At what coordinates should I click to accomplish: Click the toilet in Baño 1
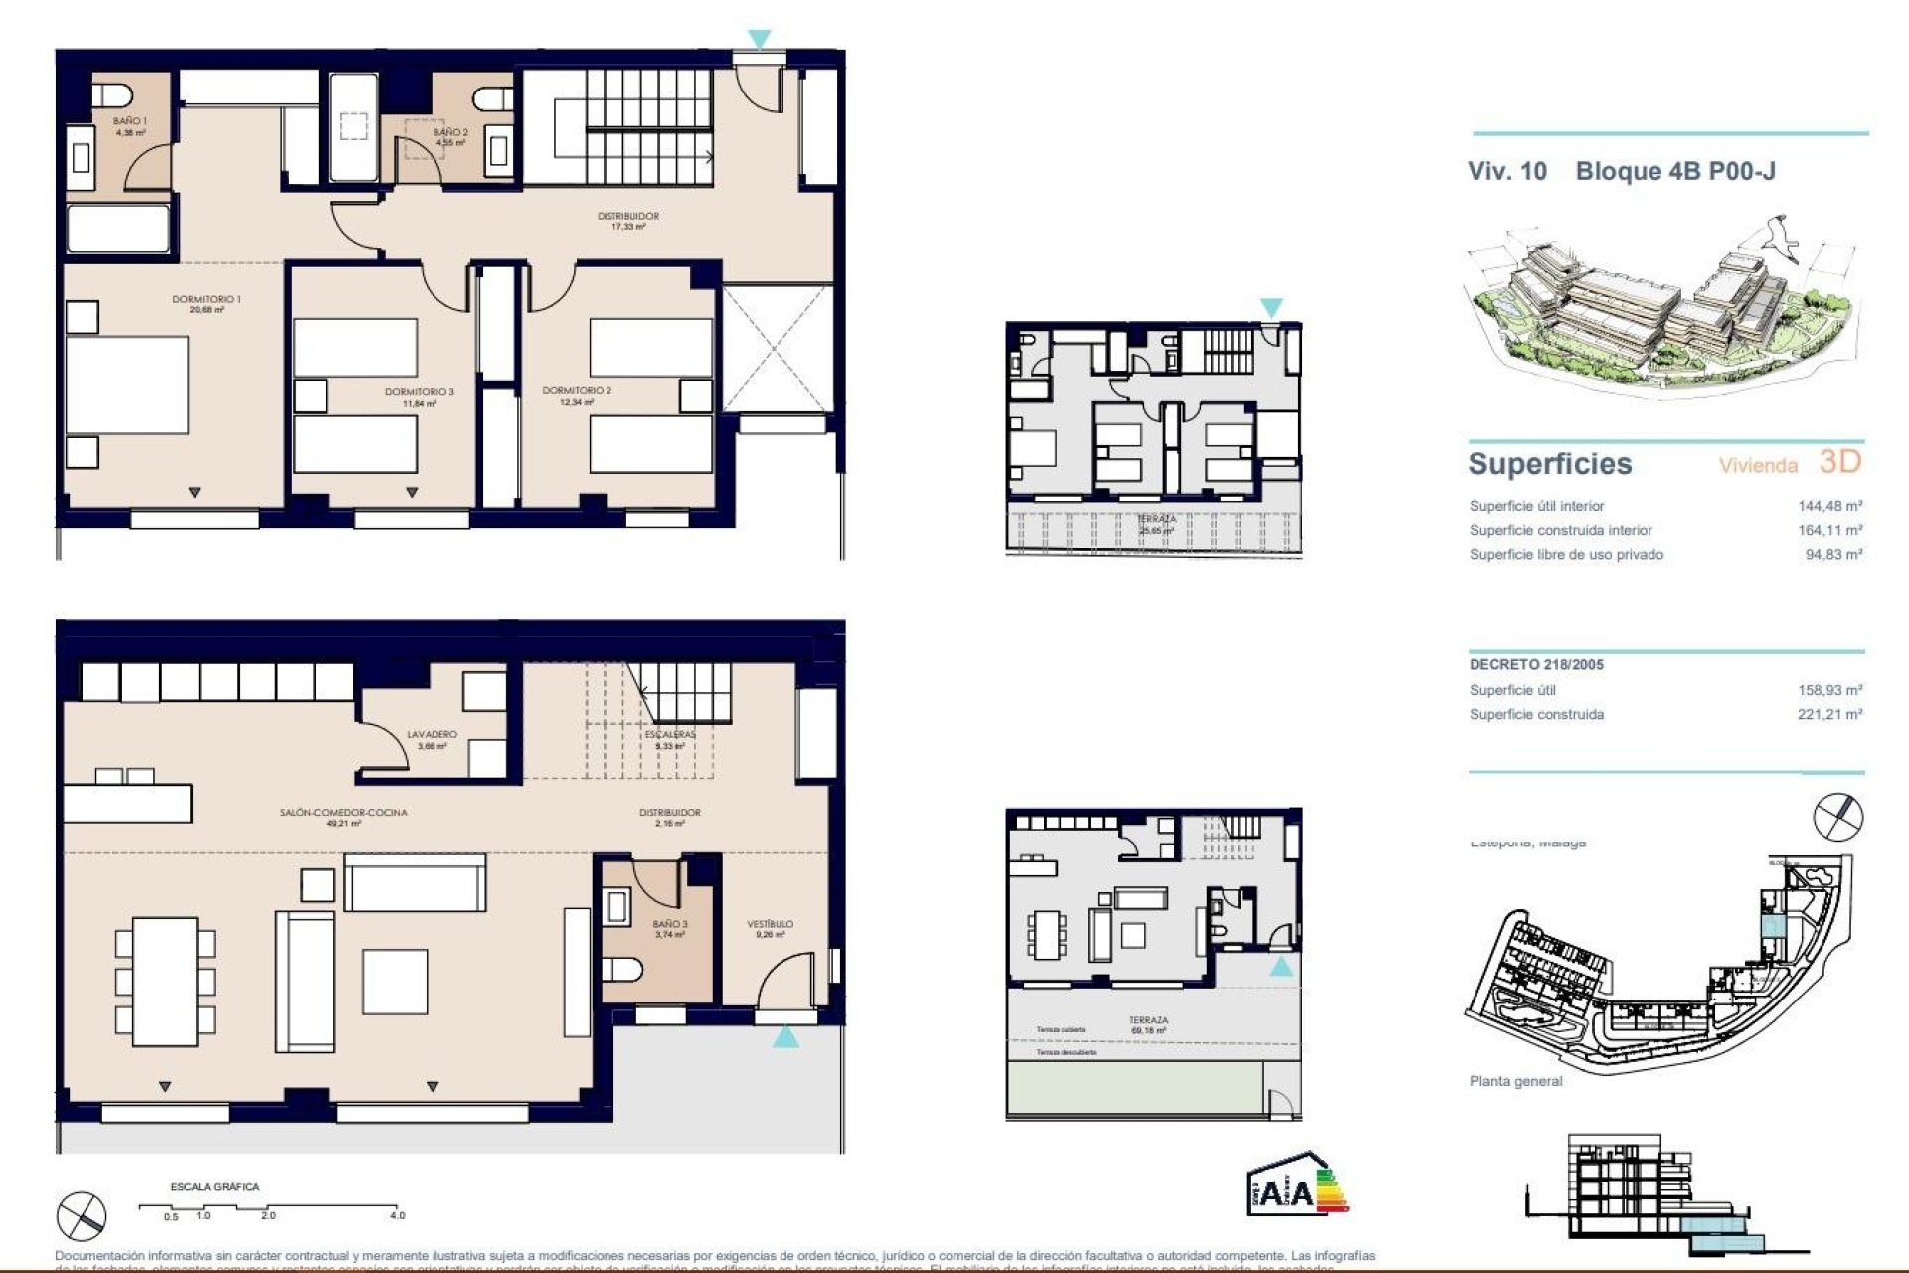click(x=113, y=95)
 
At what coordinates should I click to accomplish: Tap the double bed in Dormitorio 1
click(x=127, y=385)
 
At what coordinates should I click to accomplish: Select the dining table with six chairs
click(x=165, y=981)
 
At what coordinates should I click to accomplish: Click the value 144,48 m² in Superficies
click(x=1829, y=506)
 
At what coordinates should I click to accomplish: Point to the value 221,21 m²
click(x=1829, y=714)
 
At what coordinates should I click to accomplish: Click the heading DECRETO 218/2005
click(x=1536, y=664)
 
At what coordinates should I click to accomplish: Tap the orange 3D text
click(x=1839, y=461)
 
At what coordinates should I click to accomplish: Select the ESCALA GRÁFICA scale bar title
click(x=214, y=1186)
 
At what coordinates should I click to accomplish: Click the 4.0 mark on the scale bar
click(x=398, y=1215)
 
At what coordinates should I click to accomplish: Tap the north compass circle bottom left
click(x=82, y=1215)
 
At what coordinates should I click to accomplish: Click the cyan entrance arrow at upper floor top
click(x=759, y=39)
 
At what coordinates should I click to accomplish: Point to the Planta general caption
click(x=1515, y=1081)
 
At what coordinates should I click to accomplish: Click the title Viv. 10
click(x=1506, y=171)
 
